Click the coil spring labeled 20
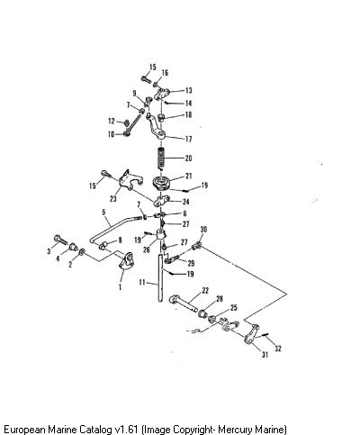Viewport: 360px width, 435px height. tap(161, 159)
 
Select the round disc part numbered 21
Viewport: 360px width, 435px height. tap(161, 183)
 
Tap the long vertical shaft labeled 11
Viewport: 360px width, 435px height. tap(160, 277)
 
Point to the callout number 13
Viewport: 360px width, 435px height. tap(188, 90)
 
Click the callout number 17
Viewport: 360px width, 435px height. tap(188, 139)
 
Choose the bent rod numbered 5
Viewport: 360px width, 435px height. tap(115, 230)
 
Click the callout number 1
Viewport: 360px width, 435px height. tap(120, 286)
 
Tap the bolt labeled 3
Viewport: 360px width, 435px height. tap(61, 240)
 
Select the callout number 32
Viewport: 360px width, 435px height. tap(278, 349)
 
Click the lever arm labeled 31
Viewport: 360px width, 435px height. tap(251, 334)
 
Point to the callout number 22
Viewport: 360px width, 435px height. tap(205, 290)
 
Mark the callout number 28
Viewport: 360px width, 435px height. tap(220, 299)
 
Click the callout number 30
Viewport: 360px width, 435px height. tap(203, 230)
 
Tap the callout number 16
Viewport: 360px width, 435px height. tap(165, 73)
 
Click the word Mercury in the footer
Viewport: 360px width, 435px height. tap(234, 429)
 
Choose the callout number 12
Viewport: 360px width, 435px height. tap(112, 121)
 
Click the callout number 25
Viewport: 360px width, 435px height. tap(234, 308)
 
